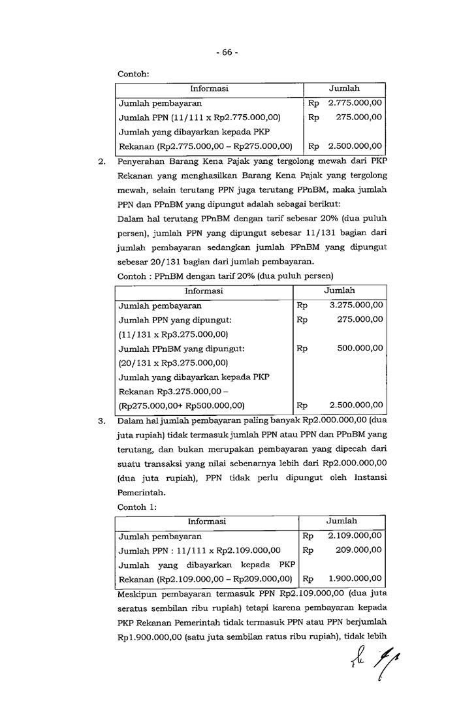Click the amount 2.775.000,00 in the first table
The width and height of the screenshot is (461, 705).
point(355,102)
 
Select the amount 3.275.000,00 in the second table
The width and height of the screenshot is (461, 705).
point(357,305)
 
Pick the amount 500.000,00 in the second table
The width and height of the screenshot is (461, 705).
point(360,348)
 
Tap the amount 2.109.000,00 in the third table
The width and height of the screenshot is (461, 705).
point(355,536)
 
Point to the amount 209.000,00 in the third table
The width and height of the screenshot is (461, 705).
point(358,550)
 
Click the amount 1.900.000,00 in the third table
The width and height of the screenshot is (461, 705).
point(355,578)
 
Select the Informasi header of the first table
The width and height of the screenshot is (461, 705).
point(209,89)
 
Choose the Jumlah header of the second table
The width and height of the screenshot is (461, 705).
point(340,290)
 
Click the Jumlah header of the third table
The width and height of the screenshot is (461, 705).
point(342,522)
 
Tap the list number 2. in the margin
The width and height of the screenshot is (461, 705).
point(102,161)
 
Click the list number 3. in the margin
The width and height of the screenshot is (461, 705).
point(102,421)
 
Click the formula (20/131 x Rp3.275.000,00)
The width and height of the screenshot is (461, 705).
point(173,362)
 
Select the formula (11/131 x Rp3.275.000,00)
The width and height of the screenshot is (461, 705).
point(173,334)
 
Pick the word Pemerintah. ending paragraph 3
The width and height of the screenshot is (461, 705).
point(139,493)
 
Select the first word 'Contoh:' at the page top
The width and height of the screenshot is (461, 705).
point(133,74)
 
